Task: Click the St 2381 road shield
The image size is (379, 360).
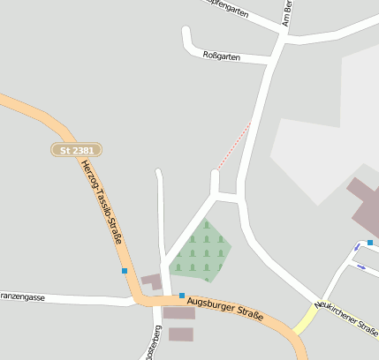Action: pos(76,151)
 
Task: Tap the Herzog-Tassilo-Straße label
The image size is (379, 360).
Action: pos(101,202)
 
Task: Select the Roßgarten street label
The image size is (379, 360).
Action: pos(221,55)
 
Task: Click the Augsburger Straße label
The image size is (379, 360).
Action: pos(225,309)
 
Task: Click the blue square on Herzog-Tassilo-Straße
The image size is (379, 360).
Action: pos(125,270)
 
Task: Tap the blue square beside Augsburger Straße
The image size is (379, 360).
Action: pos(182,296)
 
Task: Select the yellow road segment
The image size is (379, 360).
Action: pos(306,320)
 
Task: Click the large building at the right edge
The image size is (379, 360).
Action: pos(364,207)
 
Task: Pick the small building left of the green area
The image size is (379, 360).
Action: pos(152,281)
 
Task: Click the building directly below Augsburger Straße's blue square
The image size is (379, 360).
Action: pos(179,313)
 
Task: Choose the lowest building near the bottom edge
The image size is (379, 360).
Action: pos(180,334)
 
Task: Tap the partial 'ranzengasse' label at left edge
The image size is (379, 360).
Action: pos(21,297)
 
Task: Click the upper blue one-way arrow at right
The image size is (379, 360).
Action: pos(358,246)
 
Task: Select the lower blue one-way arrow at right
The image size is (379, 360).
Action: pos(360,266)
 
